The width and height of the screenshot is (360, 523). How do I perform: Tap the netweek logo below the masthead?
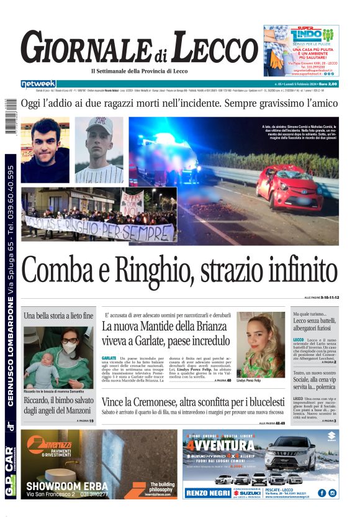coord(38,83)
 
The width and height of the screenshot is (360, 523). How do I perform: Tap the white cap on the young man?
coord(99,124)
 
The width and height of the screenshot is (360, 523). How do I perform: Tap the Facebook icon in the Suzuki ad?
coord(322,493)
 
